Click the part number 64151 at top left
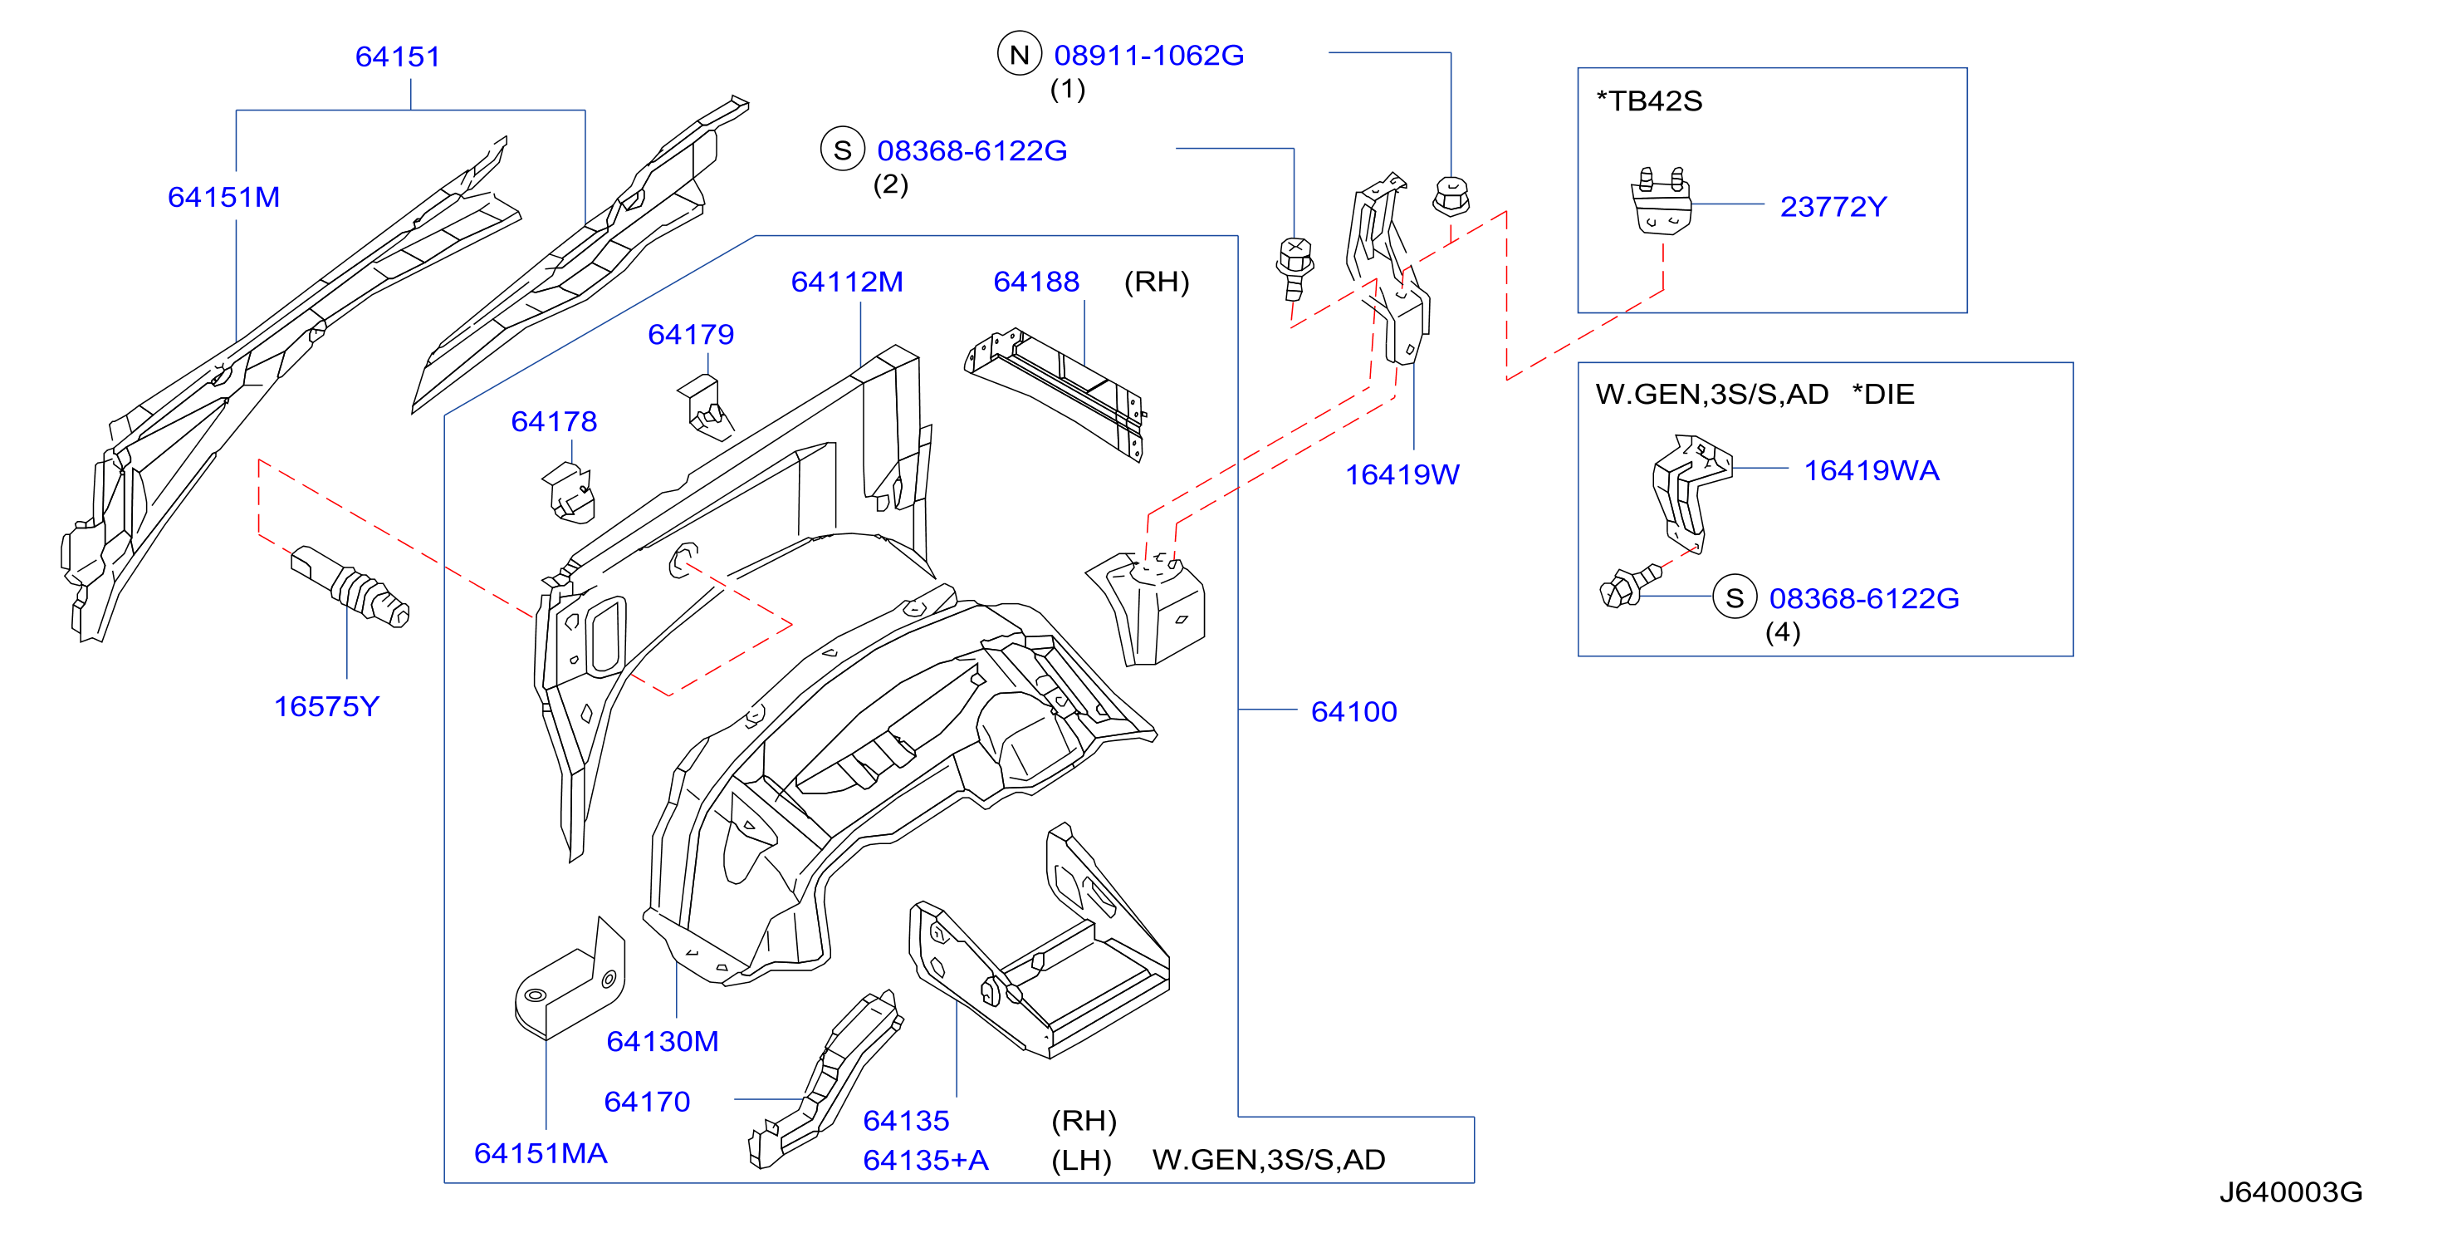(x=398, y=56)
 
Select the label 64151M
(x=224, y=197)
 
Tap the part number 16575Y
(x=326, y=706)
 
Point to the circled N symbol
(x=1019, y=53)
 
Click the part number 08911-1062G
(x=1148, y=56)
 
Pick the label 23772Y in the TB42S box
(x=1833, y=206)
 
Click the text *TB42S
(x=1649, y=101)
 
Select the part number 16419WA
(x=1872, y=469)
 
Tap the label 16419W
(x=1402, y=474)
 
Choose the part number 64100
(x=1353, y=711)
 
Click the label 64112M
(x=847, y=282)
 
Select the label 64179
(x=691, y=334)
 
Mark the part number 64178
(x=554, y=421)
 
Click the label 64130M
(x=662, y=1041)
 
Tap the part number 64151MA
(x=541, y=1153)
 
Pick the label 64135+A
(x=925, y=1160)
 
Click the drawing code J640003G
(x=2290, y=1192)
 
